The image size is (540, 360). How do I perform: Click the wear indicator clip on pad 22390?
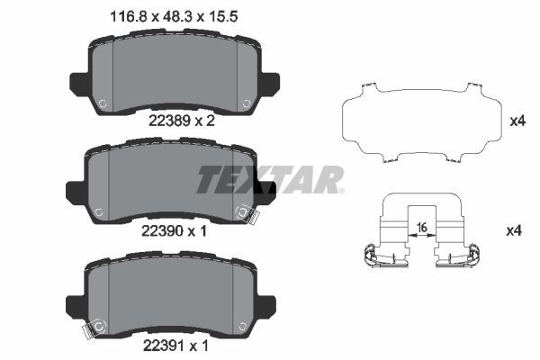[243, 213]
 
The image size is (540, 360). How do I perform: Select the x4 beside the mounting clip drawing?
[514, 231]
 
